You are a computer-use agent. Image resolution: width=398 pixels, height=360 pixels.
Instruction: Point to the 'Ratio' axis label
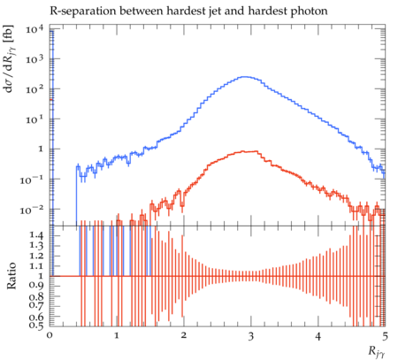pyautogui.click(x=11, y=276)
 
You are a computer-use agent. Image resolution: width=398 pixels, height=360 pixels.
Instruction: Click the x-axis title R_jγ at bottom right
pyautogui.click(x=377, y=352)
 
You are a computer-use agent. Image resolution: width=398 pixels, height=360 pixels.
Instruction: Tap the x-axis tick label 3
pyautogui.click(x=251, y=336)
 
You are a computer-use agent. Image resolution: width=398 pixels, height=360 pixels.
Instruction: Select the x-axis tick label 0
pyautogui.click(x=50, y=336)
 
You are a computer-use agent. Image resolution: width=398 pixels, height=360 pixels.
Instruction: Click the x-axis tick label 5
pyautogui.click(x=385, y=336)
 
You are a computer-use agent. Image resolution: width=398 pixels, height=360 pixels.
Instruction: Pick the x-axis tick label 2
pyautogui.click(x=184, y=336)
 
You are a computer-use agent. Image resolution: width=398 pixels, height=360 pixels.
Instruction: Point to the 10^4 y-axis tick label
pyautogui.click(x=34, y=30)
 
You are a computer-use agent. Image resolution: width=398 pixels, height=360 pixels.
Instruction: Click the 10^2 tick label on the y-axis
pyautogui.click(x=34, y=89)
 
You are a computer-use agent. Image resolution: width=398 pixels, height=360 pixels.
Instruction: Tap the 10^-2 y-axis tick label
pyautogui.click(x=32, y=210)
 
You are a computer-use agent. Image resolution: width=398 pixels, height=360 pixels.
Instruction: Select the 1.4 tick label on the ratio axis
pyautogui.click(x=36, y=235)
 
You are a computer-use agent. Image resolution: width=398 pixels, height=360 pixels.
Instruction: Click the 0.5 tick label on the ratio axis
pyautogui.click(x=36, y=326)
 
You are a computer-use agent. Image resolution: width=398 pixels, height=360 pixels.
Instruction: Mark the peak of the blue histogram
pyautogui.click(x=245, y=77)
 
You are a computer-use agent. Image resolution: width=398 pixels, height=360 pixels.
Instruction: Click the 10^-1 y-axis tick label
pyautogui.click(x=32, y=180)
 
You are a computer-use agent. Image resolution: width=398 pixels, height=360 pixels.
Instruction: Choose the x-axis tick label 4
pyautogui.click(x=318, y=336)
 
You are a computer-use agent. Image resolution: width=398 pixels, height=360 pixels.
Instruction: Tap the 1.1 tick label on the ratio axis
pyautogui.click(x=36, y=266)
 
